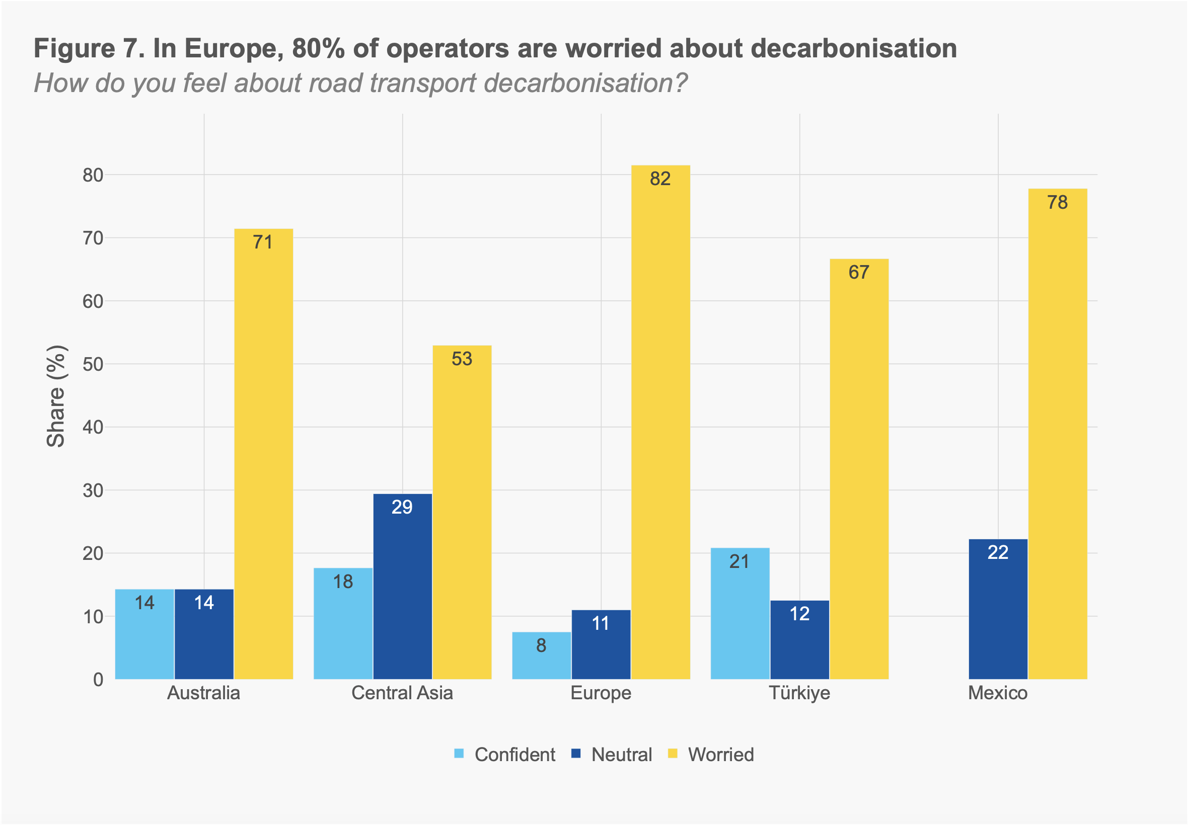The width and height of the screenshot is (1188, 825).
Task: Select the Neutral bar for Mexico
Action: pos(998,610)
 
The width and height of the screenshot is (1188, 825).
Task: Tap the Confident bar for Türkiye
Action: pos(739,614)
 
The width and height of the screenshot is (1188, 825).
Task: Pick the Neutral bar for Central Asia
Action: pos(402,587)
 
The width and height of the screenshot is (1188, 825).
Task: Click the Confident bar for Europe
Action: pos(542,655)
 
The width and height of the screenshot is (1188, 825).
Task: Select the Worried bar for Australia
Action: pos(263,454)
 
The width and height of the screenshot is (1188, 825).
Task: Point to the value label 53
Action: pos(462,359)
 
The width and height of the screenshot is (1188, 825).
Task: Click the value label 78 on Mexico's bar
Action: pos(1057,202)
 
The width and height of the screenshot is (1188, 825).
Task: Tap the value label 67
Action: pos(859,273)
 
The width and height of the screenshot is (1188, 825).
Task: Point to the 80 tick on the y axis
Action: pos(93,175)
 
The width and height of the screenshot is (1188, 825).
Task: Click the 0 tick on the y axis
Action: pos(98,680)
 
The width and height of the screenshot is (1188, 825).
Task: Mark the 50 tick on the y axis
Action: pos(93,364)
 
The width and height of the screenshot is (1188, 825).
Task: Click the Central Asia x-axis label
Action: pos(402,693)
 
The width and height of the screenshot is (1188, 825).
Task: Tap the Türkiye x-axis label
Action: pos(799,693)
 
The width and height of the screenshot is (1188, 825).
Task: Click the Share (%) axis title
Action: pos(56,396)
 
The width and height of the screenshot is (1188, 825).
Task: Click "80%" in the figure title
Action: pos(318,49)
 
